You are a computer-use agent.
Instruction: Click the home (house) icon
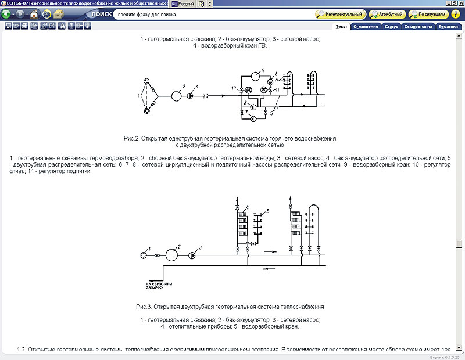pyautogui.click(x=34, y=13)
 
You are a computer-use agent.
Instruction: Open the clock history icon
pyautogui.click(x=45, y=13)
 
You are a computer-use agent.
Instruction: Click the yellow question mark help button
pyautogui.click(x=201, y=3)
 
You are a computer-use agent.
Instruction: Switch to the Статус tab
pyautogui.click(x=391, y=27)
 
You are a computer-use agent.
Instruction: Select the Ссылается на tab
pyautogui.click(x=419, y=27)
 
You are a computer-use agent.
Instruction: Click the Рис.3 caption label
pyautogui.click(x=145, y=306)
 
